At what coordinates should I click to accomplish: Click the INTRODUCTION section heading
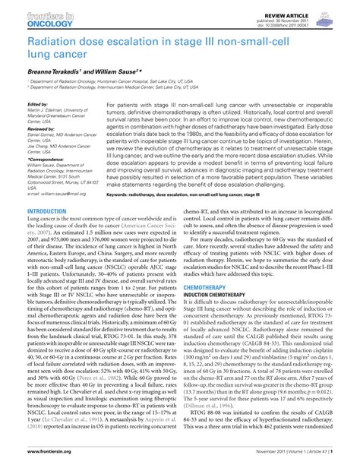click(46, 210)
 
